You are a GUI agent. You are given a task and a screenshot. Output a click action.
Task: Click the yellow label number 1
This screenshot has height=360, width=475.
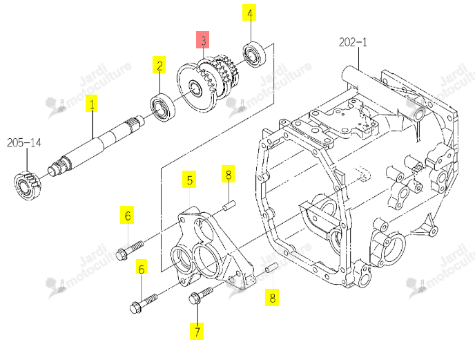pos(92,104)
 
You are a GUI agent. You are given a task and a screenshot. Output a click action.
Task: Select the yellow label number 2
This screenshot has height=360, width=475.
pos(159,64)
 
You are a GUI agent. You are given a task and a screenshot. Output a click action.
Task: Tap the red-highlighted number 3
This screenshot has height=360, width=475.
pos(203,39)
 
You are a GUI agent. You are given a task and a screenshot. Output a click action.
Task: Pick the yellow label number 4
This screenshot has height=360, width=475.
pos(249,12)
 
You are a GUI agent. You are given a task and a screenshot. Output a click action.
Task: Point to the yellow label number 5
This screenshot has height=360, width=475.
pos(189,180)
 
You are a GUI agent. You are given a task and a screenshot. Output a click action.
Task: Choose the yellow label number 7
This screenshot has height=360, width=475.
pos(197,331)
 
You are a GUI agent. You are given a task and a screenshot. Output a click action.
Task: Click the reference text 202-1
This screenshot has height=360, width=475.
pos(353,42)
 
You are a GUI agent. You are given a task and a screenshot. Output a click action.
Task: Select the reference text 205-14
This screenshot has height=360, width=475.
pos(24,142)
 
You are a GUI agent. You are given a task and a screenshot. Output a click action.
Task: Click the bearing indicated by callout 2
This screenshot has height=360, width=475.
pos(163,108)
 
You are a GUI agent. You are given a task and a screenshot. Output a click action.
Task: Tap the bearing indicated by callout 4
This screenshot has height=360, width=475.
pos(255,55)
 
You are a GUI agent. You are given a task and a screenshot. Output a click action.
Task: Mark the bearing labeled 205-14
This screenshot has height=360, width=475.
pos(27,186)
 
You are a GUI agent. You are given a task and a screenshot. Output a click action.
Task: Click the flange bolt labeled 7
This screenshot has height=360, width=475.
pos(200,295)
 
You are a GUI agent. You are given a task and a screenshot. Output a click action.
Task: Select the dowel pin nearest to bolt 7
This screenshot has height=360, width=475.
pos(271,268)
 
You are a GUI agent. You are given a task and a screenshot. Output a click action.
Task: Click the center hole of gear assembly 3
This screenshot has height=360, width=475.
pos(195,88)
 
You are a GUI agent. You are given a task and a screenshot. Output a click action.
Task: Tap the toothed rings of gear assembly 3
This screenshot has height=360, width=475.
pos(220,75)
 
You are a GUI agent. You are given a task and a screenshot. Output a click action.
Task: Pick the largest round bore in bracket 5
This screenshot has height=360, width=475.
pos(207,260)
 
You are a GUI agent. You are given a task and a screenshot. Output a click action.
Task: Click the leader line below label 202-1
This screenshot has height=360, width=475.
pos(359,59)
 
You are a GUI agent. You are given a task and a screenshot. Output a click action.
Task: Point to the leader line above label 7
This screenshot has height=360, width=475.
pos(197,313)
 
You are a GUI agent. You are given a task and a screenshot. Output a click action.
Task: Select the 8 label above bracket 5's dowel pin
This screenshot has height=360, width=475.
pos(228,174)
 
